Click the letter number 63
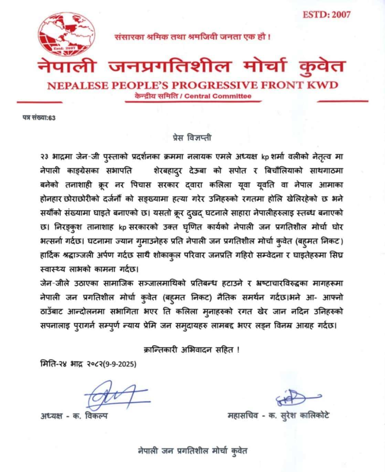52,117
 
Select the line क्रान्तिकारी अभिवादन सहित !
191,350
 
